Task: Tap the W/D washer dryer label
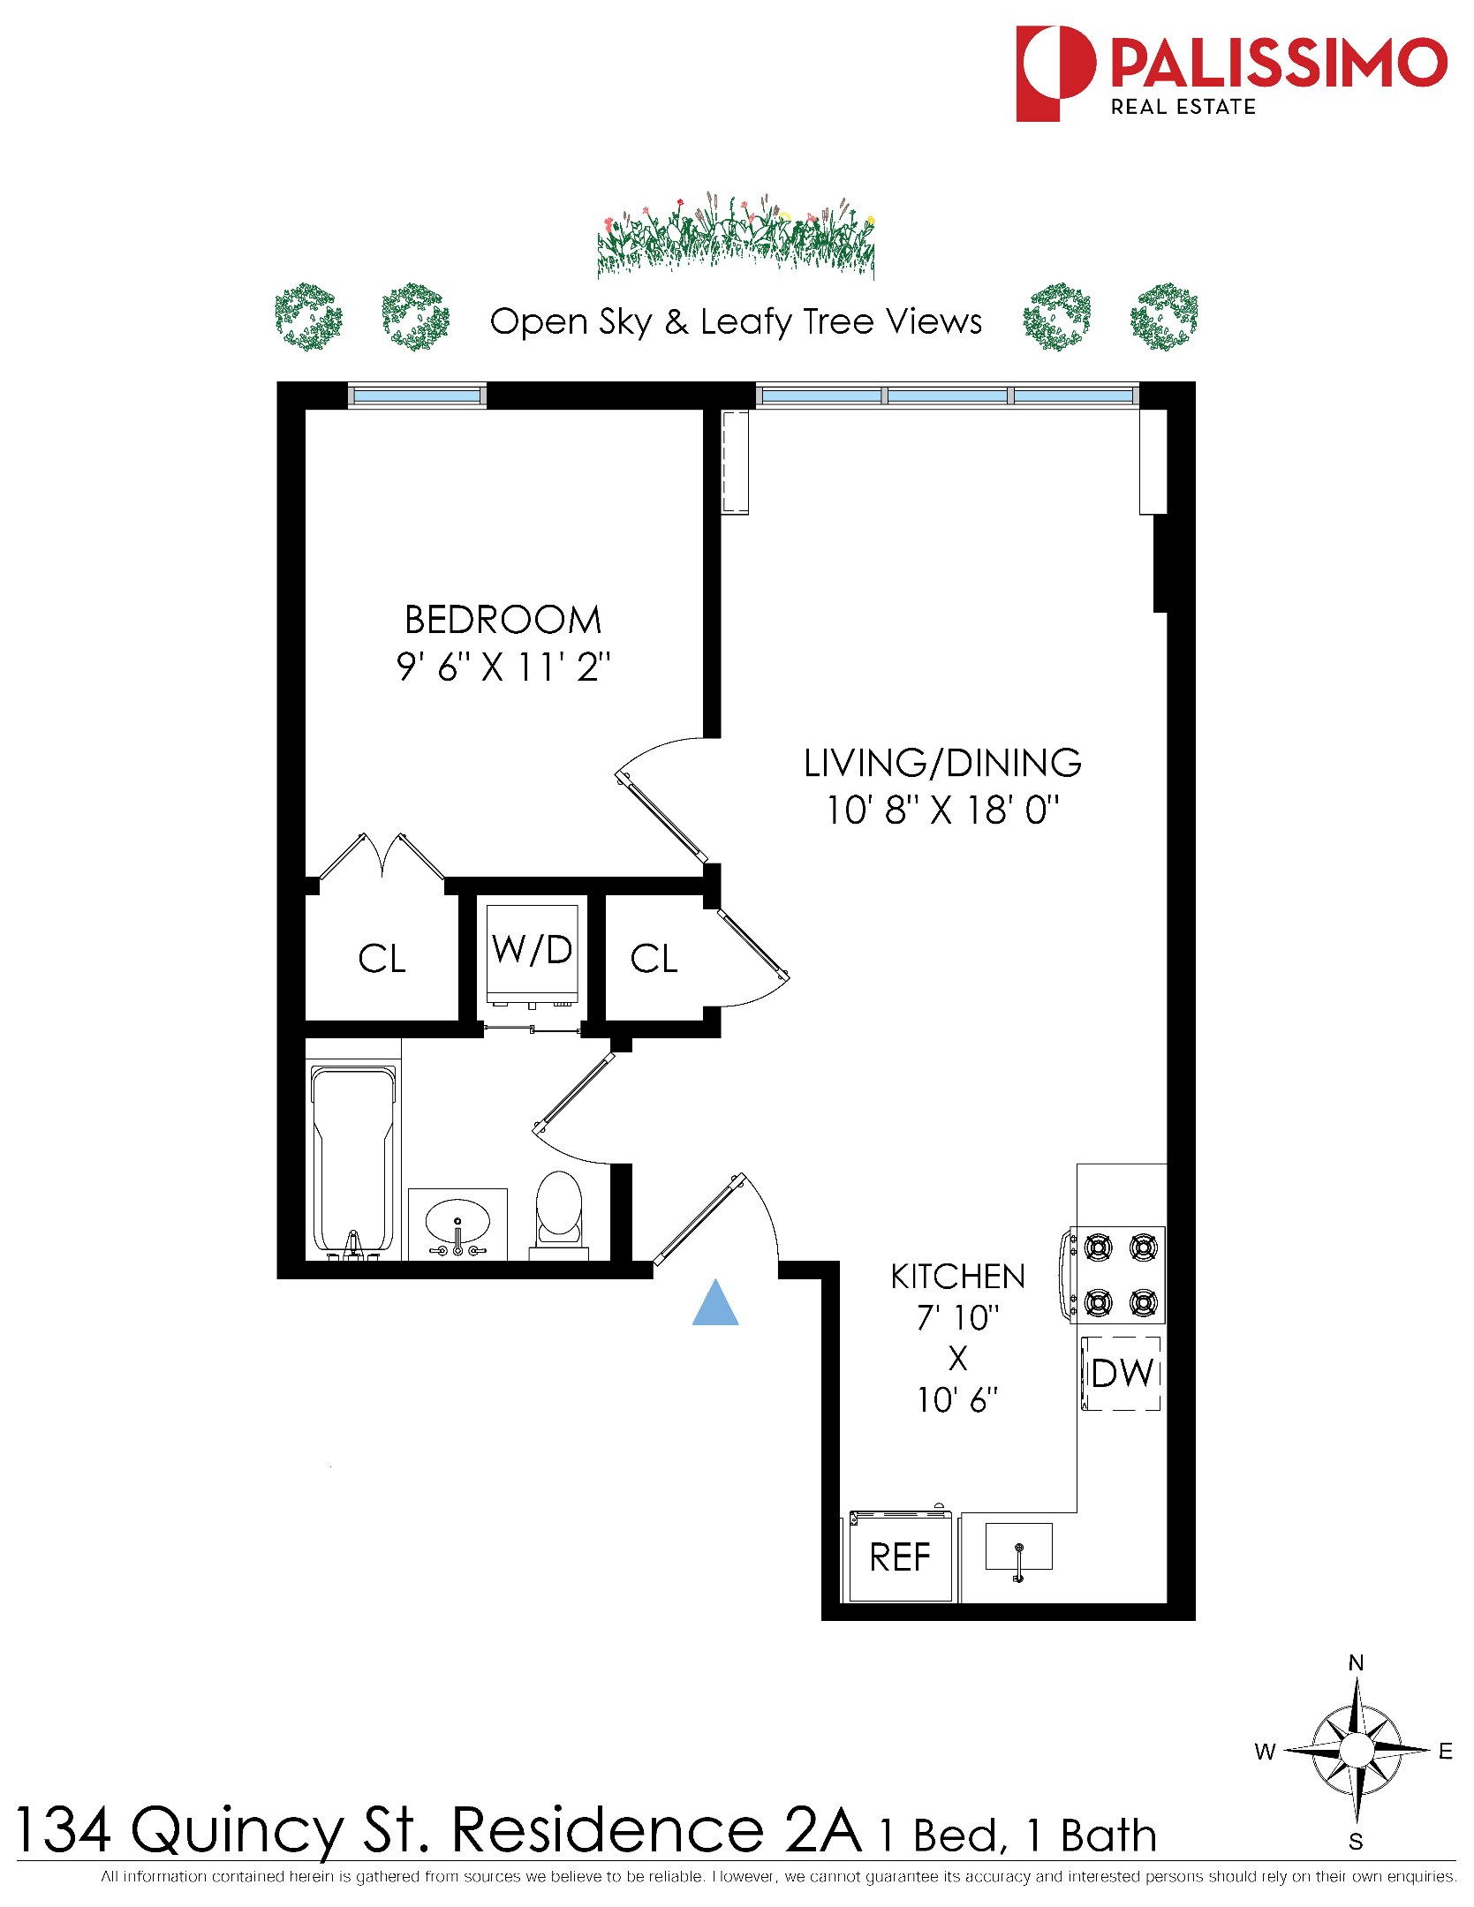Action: tap(533, 950)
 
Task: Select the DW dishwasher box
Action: tap(1122, 1373)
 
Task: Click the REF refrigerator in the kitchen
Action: tap(899, 1557)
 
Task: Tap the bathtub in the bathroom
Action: tap(352, 1158)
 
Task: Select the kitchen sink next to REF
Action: tap(1018, 1547)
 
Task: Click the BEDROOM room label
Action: tap(503, 620)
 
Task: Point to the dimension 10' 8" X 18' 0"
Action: tap(942, 810)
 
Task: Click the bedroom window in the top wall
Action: tap(417, 396)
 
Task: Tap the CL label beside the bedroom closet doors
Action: tap(382, 959)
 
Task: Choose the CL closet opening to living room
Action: tap(654, 959)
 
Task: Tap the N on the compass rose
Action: tap(1356, 1663)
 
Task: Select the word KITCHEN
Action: tap(957, 1277)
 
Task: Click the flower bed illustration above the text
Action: tap(736, 237)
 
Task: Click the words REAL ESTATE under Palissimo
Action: tap(1183, 107)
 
